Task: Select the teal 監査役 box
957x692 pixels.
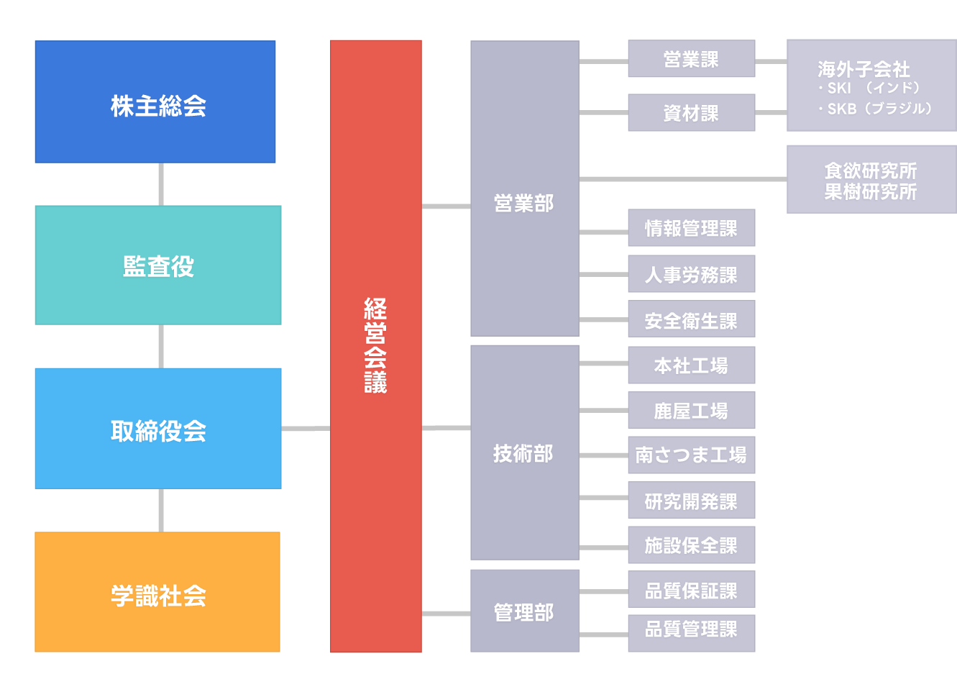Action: [158, 265]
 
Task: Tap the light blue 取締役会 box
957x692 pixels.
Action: [158, 429]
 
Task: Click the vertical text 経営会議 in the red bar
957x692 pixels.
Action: [375, 346]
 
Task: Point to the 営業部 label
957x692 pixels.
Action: [523, 204]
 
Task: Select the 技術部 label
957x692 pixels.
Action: [523, 454]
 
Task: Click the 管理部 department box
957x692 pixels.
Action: [524, 611]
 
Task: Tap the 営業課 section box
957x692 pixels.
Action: [691, 59]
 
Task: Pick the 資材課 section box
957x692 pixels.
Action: [691, 113]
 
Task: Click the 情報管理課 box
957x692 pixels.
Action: [691, 228]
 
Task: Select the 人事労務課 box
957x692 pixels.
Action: [691, 274]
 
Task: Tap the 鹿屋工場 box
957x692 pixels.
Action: [691, 411]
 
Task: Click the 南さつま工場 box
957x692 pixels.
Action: [691, 455]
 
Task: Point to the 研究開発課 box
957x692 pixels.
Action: [691, 501]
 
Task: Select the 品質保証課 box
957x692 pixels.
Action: [691, 591]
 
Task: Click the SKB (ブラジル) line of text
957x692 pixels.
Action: [875, 109]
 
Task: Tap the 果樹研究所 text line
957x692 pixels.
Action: [871, 192]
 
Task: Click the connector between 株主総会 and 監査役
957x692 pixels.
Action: [160, 184]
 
